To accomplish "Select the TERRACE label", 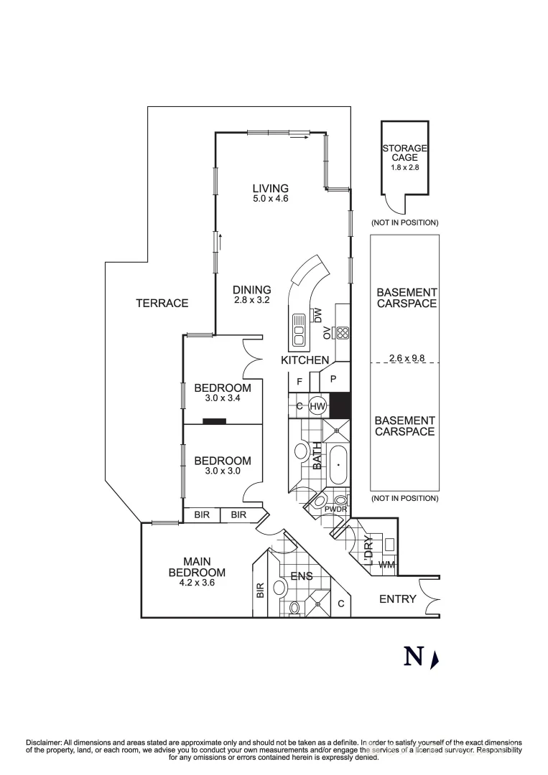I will click(x=162, y=304).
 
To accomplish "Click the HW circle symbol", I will click(x=318, y=406).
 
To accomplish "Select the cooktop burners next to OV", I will click(x=343, y=332).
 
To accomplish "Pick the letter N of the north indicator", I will click(x=413, y=657).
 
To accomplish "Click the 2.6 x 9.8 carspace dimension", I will click(x=404, y=357).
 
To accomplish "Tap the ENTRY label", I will click(x=397, y=598).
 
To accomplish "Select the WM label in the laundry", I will click(x=386, y=565).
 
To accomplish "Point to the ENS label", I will click(x=302, y=575).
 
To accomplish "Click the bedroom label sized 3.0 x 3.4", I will click(x=223, y=393).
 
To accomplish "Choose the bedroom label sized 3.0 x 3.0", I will click(x=223, y=466).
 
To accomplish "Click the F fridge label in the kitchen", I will click(x=299, y=382).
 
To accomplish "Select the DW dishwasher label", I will click(x=317, y=314).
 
